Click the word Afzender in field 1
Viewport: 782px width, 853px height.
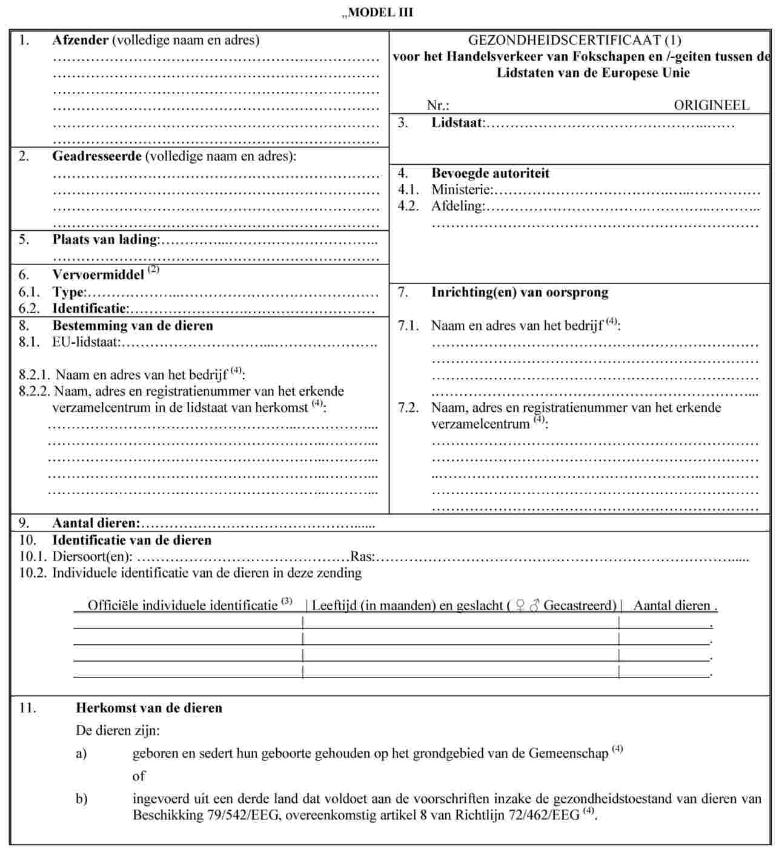click(80, 41)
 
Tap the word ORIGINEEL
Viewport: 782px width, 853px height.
click(711, 105)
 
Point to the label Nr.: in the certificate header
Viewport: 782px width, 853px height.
click(437, 105)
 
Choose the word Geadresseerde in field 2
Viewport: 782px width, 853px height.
click(97, 156)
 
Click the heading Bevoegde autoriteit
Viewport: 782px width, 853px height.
click(490, 173)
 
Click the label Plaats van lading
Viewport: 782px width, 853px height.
click(105, 239)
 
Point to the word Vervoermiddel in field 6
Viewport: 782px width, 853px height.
click(98, 275)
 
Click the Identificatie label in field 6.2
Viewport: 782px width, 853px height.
click(90, 308)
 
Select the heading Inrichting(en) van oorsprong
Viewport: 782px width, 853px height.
click(519, 292)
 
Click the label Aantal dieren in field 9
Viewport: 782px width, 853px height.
click(96, 523)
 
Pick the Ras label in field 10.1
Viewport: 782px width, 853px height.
click(362, 556)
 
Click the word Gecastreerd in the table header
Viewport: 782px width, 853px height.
click(579, 605)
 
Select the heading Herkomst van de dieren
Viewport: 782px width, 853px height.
click(148, 708)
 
